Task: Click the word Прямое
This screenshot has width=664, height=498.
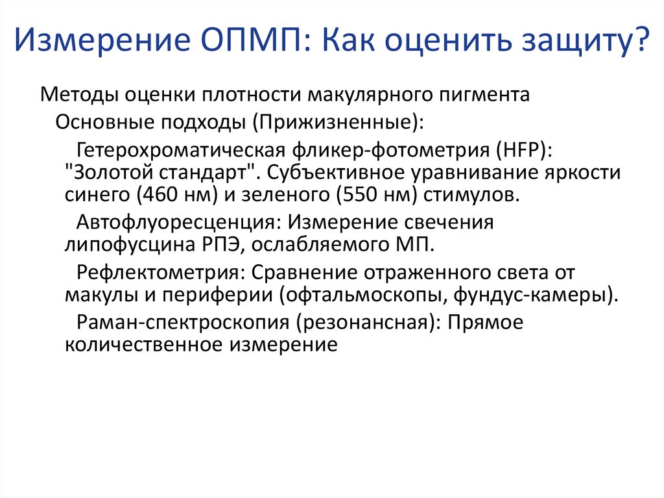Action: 484,322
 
